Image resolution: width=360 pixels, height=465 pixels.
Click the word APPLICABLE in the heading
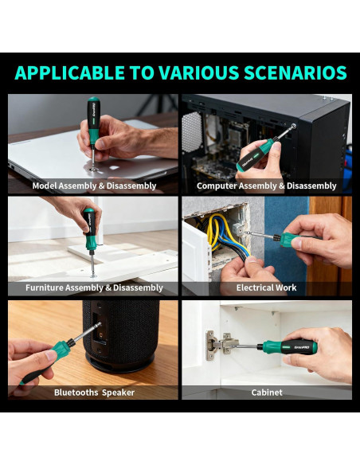click(x=65, y=73)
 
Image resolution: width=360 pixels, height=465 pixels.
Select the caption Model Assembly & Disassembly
click(x=94, y=186)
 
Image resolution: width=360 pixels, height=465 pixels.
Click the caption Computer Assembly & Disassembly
click(x=266, y=186)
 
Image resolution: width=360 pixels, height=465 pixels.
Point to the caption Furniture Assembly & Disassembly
click(x=94, y=287)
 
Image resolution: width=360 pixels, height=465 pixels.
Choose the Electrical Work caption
click(x=266, y=287)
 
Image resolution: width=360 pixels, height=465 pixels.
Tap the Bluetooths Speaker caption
click(x=94, y=392)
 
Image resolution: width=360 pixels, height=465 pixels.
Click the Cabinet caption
click(x=266, y=392)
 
